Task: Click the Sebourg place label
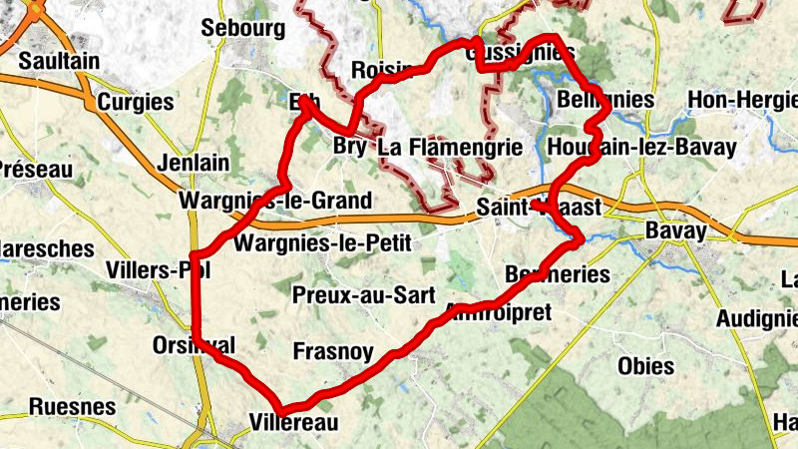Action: [x=242, y=29]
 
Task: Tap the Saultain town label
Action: [x=59, y=61]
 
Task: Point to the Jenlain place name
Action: [x=194, y=163]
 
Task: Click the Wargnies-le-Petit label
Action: [x=322, y=242]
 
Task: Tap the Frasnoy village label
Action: [x=333, y=351]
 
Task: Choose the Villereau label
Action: [x=295, y=422]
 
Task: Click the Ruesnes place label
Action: [x=72, y=406]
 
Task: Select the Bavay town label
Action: [x=676, y=231]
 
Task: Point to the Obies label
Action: [x=645, y=365]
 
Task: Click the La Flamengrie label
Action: [x=451, y=148]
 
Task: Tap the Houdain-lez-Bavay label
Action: [x=642, y=148]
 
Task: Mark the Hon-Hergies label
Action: [x=742, y=100]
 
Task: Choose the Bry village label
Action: [x=348, y=147]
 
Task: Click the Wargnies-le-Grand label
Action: [x=275, y=201]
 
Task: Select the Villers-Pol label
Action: [x=158, y=270]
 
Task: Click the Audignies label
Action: [x=757, y=318]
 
